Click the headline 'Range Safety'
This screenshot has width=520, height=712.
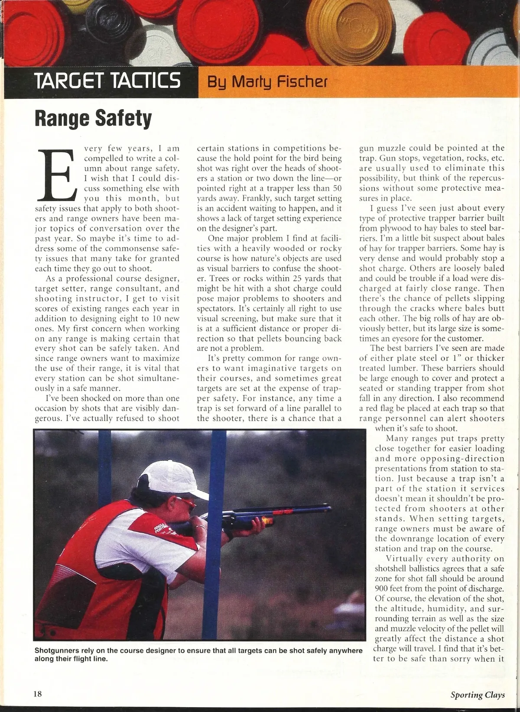pyautogui.click(x=93, y=119)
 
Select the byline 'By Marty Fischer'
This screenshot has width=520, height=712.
pyautogui.click(x=267, y=82)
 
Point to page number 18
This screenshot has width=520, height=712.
pyautogui.click(x=38, y=694)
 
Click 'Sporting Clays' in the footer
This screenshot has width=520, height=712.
pyautogui.click(x=478, y=695)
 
